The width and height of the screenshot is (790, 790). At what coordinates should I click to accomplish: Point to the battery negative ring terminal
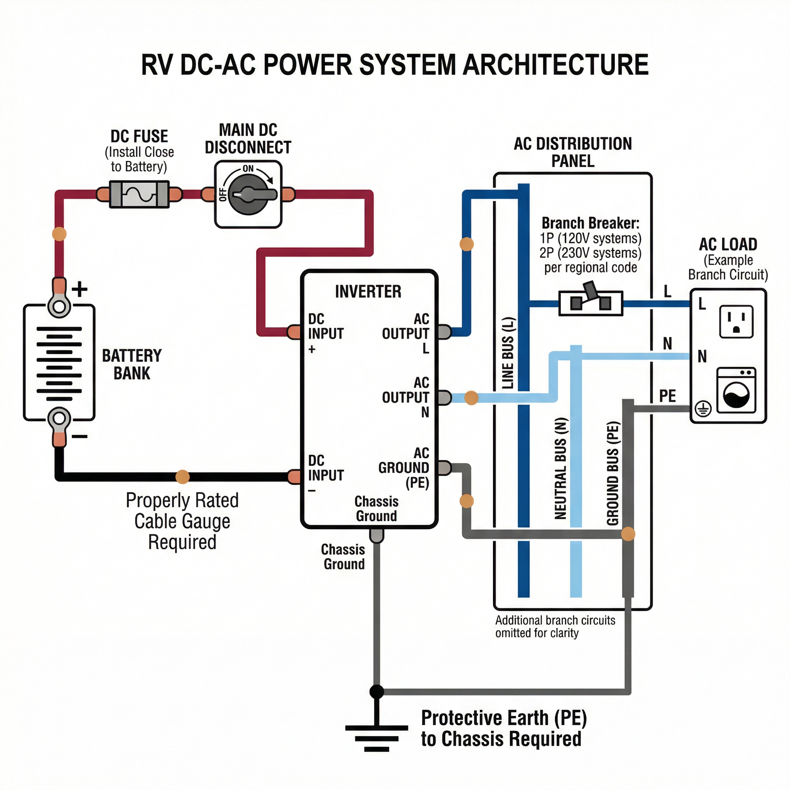click(59, 418)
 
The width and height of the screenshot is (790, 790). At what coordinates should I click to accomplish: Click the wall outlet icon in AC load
click(736, 321)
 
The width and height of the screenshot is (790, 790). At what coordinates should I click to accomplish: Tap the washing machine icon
click(736, 390)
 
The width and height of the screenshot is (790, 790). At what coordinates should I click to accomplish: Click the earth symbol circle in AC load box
click(703, 409)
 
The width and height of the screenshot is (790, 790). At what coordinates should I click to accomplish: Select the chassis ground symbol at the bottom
click(376, 738)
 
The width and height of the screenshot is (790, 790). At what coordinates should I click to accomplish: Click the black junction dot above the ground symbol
click(376, 692)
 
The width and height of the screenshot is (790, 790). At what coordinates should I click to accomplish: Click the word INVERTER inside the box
click(368, 292)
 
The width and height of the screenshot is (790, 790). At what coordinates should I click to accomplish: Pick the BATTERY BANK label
click(132, 364)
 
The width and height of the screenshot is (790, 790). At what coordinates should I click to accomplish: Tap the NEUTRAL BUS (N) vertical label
click(561, 468)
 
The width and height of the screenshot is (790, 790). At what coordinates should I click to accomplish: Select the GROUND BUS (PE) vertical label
click(613, 473)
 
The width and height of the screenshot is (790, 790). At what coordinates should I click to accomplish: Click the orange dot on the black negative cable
click(182, 477)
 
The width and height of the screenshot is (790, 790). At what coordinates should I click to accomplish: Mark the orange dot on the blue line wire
click(467, 244)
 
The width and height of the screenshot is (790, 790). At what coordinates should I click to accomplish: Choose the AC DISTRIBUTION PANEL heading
click(572, 152)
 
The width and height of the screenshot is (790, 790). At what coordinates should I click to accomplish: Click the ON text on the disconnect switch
click(248, 169)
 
